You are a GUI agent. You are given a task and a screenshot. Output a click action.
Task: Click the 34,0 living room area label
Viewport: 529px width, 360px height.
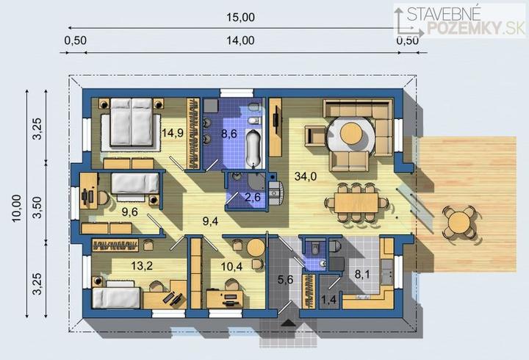(x=306, y=176)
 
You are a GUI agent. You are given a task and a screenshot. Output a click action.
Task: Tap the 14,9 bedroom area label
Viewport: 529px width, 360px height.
(x=173, y=133)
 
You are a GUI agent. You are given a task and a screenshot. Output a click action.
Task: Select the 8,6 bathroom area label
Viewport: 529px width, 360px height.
(x=229, y=134)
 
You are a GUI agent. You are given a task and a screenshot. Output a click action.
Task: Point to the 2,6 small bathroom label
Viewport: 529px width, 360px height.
(x=253, y=197)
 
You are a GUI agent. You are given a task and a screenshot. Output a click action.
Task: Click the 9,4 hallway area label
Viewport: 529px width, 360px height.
(x=211, y=221)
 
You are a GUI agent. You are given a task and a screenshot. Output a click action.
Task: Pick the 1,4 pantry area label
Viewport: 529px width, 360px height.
(x=328, y=300)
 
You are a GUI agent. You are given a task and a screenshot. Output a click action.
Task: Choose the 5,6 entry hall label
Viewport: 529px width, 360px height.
(x=285, y=280)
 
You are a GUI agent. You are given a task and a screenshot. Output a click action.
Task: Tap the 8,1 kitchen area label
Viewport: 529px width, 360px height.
(x=362, y=274)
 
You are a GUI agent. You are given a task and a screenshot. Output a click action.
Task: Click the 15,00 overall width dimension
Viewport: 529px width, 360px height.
(x=240, y=17)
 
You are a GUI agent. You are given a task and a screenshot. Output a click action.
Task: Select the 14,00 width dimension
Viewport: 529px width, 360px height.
(x=240, y=40)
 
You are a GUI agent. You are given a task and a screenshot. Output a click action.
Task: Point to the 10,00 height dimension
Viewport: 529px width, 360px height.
(x=17, y=208)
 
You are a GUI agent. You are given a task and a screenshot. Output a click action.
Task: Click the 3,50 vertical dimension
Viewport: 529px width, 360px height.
(x=37, y=207)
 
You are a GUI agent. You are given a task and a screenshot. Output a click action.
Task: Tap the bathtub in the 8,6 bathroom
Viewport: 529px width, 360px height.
(x=253, y=148)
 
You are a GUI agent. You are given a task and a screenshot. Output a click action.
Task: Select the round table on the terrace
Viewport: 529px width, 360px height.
(x=458, y=223)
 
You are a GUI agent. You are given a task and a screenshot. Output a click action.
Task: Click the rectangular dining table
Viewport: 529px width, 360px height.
(x=356, y=203)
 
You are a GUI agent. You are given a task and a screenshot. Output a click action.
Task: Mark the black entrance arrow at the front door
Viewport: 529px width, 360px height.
(x=288, y=323)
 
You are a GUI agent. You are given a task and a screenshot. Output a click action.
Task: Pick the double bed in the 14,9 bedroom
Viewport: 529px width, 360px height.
(x=132, y=122)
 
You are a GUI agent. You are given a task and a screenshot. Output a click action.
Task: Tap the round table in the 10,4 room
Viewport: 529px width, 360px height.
(x=256, y=248)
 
